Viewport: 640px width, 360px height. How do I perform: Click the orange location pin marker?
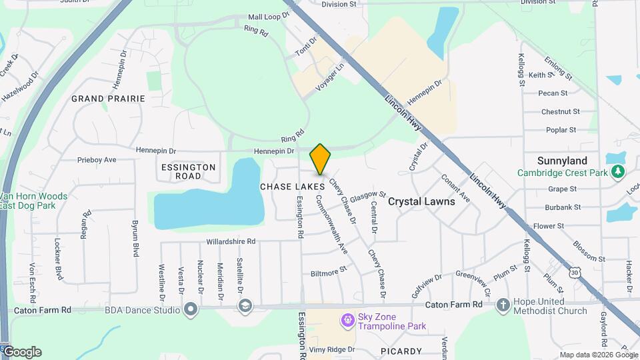pyautogui.click(x=321, y=159)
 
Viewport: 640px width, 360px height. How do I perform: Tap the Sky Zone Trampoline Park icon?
pyautogui.click(x=347, y=321)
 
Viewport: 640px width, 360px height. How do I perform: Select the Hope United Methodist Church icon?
pyautogui.click(x=503, y=305)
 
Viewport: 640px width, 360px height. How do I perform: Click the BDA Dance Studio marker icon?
pyautogui.click(x=191, y=309)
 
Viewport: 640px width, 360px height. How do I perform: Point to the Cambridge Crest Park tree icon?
pyautogui.click(x=618, y=173)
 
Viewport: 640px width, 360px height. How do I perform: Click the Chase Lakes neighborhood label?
pyautogui.click(x=292, y=187)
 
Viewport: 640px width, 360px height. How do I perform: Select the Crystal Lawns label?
pyautogui.click(x=421, y=201)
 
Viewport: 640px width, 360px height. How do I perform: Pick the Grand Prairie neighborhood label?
pyautogui.click(x=108, y=99)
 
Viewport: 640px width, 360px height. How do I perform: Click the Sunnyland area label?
pyautogui.click(x=562, y=161)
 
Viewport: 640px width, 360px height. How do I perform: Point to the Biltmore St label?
pyautogui.click(x=329, y=272)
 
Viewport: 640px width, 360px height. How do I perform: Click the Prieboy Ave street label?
pyautogui.click(x=97, y=160)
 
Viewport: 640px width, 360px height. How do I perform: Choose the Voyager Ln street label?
pyautogui.click(x=333, y=77)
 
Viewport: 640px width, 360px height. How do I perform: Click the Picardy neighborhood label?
pyautogui.click(x=402, y=351)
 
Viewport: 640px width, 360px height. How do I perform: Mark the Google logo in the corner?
pyautogui.click(x=22, y=352)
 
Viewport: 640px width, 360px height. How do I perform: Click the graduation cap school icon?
pyautogui.click(x=245, y=305)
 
